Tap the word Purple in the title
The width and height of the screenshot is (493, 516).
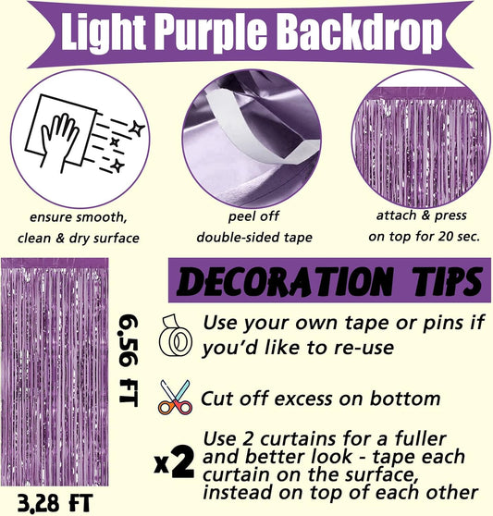click(x=211, y=34)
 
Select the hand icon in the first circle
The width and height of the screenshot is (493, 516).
click(x=58, y=142)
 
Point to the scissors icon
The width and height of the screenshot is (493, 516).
click(x=175, y=397)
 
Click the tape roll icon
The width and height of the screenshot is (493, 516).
click(x=175, y=336)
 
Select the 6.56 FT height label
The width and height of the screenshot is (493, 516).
click(x=129, y=361)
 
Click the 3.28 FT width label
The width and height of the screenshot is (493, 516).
click(x=55, y=503)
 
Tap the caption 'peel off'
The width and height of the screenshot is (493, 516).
click(x=253, y=216)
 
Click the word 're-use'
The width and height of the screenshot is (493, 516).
click(x=364, y=348)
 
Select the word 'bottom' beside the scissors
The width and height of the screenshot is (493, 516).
click(x=405, y=399)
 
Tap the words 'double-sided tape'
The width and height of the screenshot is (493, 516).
click(x=254, y=238)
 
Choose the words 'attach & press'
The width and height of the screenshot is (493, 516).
click(x=421, y=215)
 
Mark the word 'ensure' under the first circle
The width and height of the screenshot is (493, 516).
click(x=51, y=217)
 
